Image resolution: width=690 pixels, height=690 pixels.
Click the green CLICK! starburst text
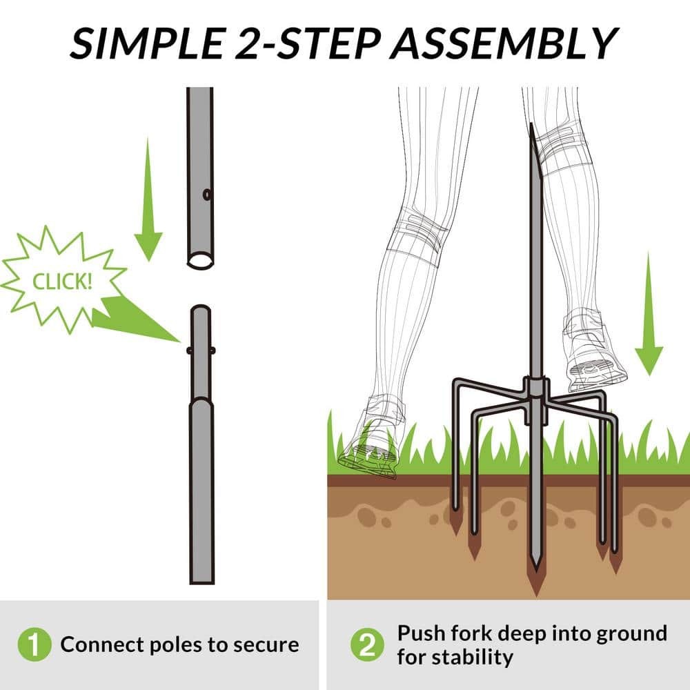coord(63,282)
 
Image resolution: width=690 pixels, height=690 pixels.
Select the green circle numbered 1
coord(34,644)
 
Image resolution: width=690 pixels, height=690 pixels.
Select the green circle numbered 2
coord(368,644)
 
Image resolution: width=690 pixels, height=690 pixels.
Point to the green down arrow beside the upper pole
coord(148,199)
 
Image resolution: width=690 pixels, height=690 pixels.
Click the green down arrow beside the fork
coord(649,314)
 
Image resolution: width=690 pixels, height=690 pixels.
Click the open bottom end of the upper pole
coord(201,261)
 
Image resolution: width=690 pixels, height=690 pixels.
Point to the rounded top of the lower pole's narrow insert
coord(201,309)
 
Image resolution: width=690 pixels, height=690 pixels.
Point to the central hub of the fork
coord(535,387)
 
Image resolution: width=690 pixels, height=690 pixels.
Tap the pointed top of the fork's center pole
coord(531,126)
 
